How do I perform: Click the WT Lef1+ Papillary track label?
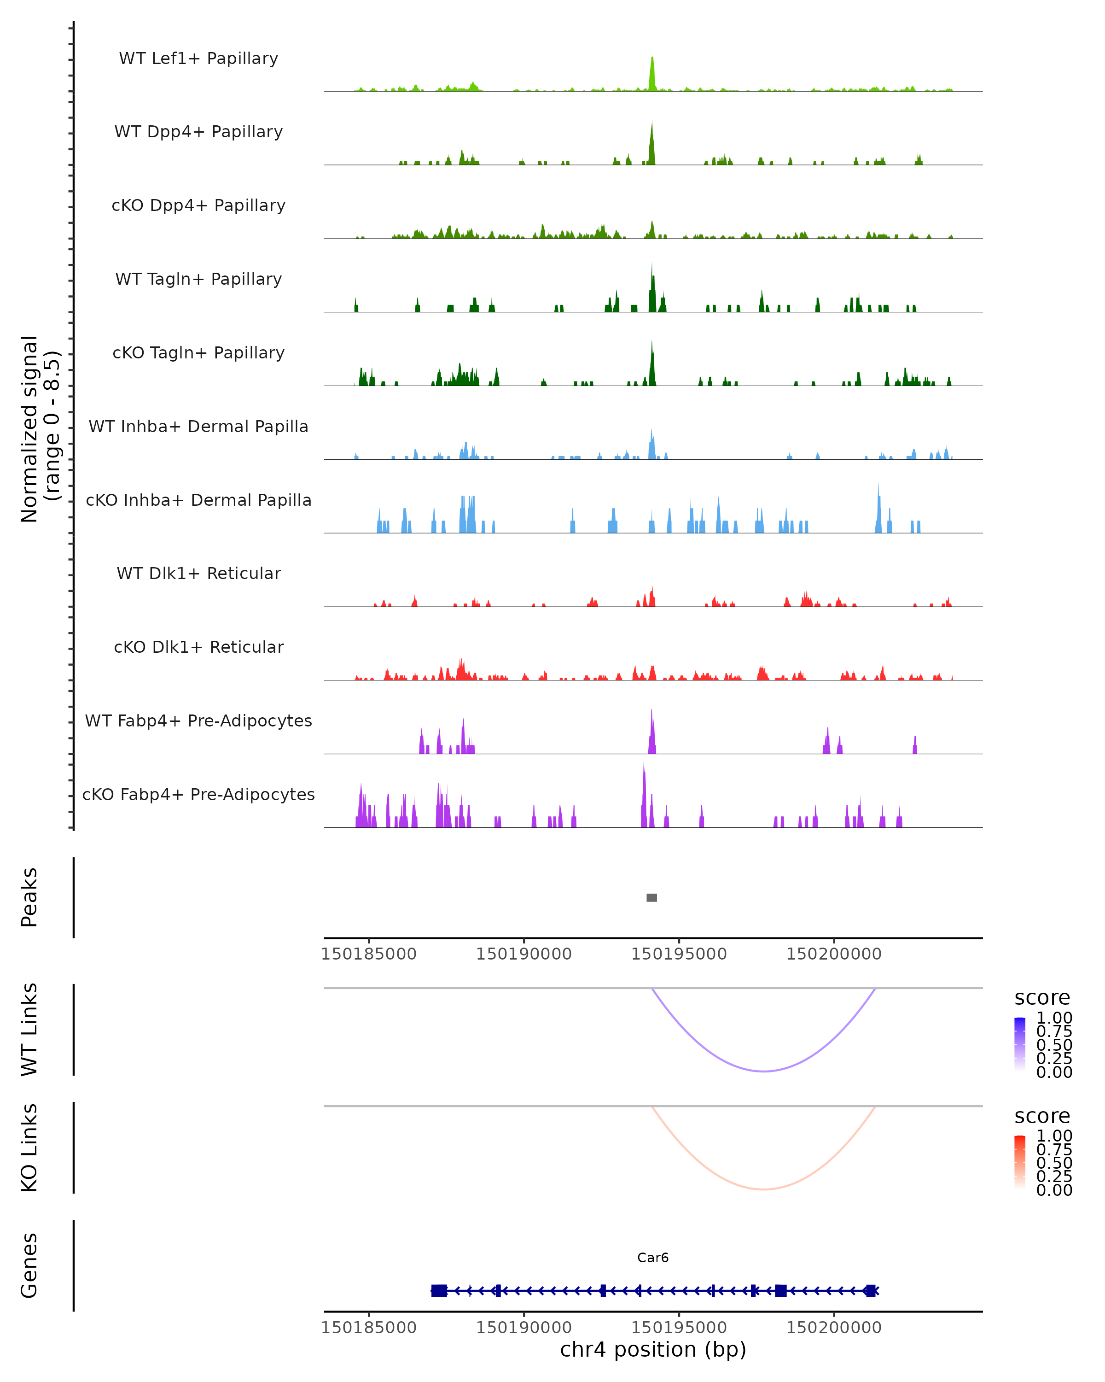click(x=198, y=59)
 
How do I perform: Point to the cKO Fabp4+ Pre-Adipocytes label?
click(x=198, y=794)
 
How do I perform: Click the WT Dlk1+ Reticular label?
click(x=198, y=573)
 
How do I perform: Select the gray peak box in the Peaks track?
click(x=651, y=897)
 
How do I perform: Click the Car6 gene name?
click(x=653, y=1258)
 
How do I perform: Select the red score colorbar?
click(x=1020, y=1162)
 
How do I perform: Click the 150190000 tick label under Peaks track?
click(x=523, y=954)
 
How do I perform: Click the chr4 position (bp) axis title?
click(x=653, y=1349)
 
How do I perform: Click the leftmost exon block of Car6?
click(x=439, y=1290)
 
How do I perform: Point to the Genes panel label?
click(x=29, y=1265)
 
